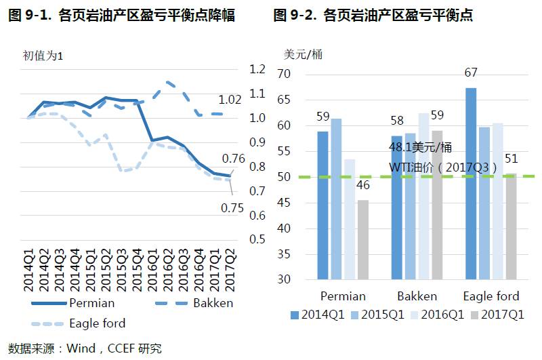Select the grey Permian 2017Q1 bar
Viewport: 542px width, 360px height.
coord(363,239)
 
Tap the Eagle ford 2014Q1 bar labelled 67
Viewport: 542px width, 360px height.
coord(471,183)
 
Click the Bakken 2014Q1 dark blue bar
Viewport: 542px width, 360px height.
coord(396,207)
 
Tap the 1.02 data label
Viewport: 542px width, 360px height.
coord(230,100)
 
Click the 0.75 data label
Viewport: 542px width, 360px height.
coord(232,208)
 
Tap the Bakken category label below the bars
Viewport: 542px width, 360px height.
coord(417,296)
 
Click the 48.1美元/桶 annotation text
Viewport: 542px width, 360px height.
coord(420,147)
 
